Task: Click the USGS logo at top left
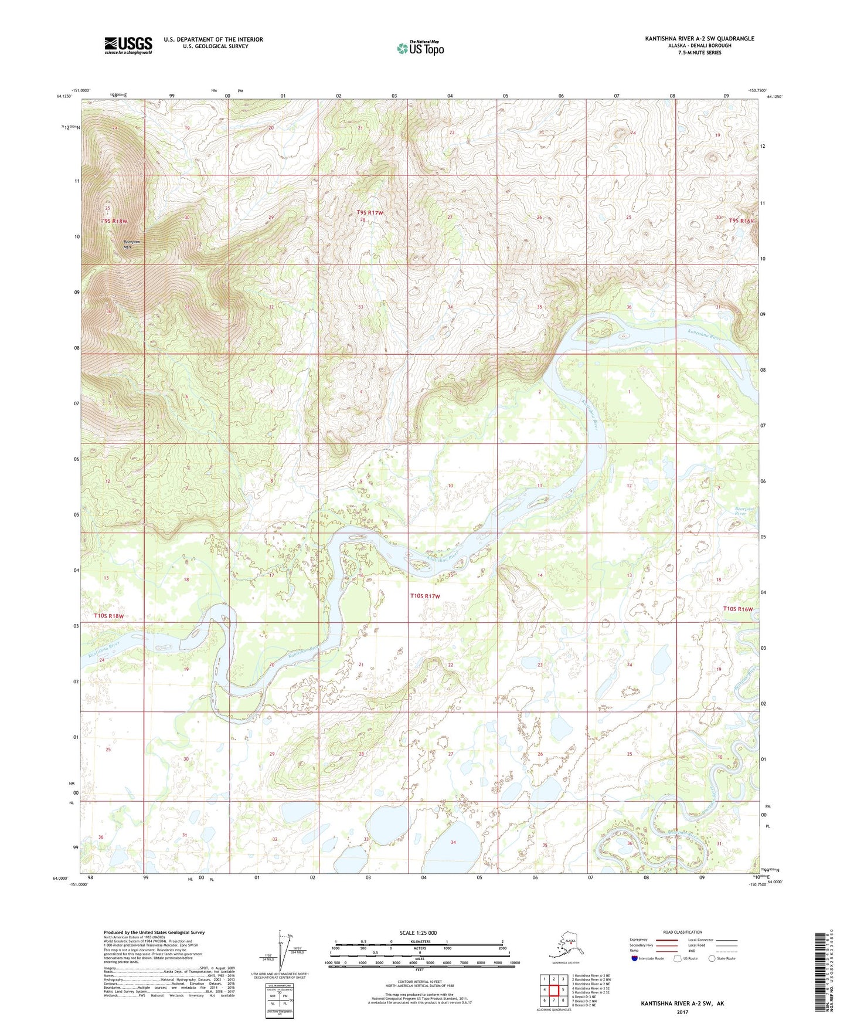click(128, 45)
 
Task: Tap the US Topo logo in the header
click(420, 48)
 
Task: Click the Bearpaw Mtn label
click(131, 245)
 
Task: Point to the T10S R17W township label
click(424, 596)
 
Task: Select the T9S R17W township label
click(369, 212)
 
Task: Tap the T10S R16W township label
click(737, 609)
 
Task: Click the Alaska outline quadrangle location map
click(564, 945)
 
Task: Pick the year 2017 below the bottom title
click(682, 1012)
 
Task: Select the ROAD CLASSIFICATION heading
click(682, 932)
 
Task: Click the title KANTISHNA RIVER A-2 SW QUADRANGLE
click(699, 39)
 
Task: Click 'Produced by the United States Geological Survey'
click(154, 932)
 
